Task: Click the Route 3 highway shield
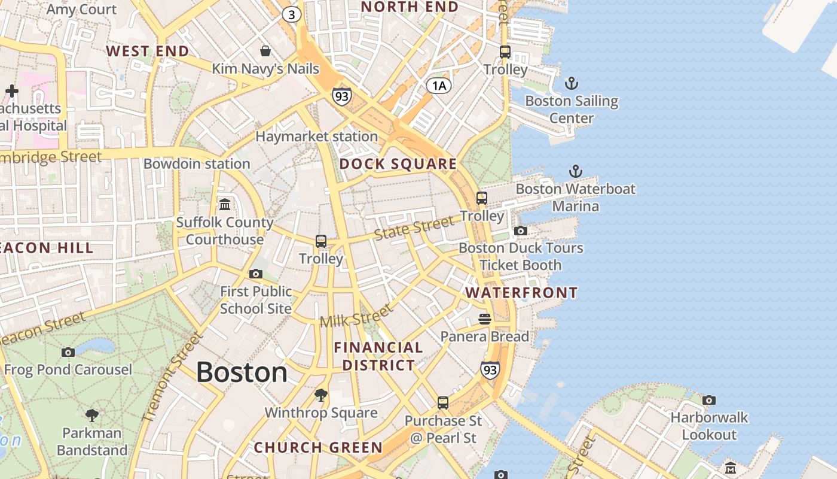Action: [291, 14]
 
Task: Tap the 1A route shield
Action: [438, 86]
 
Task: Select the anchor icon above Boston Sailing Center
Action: [572, 83]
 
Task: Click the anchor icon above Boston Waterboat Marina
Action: [575, 172]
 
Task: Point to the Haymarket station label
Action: [316, 137]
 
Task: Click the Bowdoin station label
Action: [197, 163]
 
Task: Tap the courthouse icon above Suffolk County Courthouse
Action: [225, 205]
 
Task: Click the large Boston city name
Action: [242, 372]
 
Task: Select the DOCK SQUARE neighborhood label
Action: [398, 164]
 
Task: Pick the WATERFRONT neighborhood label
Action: [521, 293]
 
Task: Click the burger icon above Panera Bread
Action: [485, 319]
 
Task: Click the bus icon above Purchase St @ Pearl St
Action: [443, 403]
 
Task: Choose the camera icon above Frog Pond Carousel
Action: [68, 352]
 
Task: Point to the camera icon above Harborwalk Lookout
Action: [709, 400]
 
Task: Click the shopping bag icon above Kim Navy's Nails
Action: [265, 51]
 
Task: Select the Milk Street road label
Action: [356, 316]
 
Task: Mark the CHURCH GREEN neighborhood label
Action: [318, 447]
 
